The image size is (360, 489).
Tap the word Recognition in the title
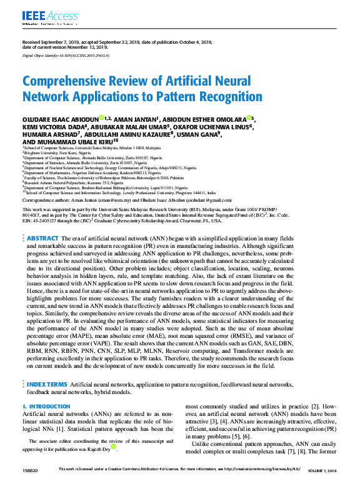209,96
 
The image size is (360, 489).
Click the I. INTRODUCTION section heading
47,407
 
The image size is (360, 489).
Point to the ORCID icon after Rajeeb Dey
114,448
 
